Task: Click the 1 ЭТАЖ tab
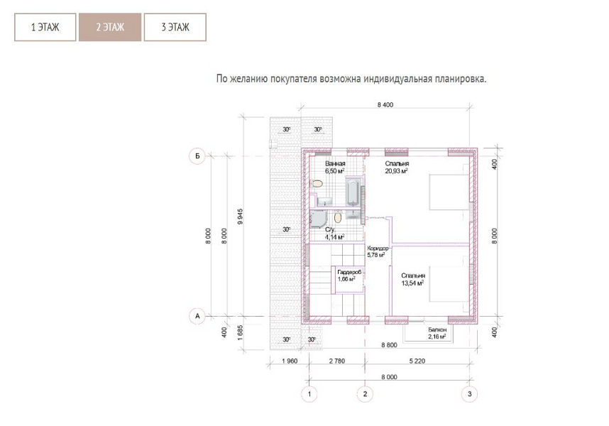(x=45, y=27)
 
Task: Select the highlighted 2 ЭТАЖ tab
(x=110, y=27)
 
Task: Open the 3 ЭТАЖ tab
(x=175, y=27)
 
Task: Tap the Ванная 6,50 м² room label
(x=335, y=168)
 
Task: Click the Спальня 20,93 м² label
(x=397, y=168)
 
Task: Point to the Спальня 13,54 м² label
(x=413, y=279)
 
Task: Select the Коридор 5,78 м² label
(x=377, y=251)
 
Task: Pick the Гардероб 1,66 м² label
(x=349, y=275)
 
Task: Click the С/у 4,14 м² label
(x=334, y=234)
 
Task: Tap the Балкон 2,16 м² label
(x=437, y=333)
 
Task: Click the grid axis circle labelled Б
(x=197, y=156)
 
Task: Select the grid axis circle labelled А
(x=197, y=316)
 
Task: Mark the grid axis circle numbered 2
(x=365, y=394)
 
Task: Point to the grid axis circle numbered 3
(x=470, y=394)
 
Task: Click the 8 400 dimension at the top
(x=385, y=105)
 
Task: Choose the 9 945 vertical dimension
(x=240, y=217)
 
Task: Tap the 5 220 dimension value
(x=417, y=361)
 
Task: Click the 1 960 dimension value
(x=290, y=361)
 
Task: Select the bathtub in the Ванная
(x=353, y=192)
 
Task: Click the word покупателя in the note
(x=294, y=79)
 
